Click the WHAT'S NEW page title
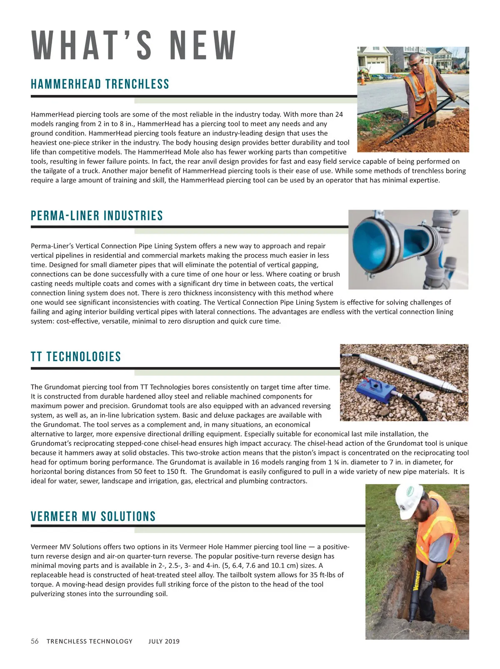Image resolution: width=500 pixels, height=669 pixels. click(x=134, y=45)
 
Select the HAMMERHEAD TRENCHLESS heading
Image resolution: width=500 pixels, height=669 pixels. click(x=100, y=84)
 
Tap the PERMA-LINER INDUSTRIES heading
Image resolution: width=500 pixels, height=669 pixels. click(x=97, y=216)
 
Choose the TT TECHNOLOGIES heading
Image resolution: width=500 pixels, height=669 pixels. click(x=76, y=357)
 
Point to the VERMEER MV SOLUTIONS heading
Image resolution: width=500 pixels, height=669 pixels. click(x=93, y=517)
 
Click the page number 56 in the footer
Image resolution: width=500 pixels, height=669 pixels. click(x=35, y=641)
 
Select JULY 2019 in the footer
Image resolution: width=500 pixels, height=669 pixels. click(x=164, y=642)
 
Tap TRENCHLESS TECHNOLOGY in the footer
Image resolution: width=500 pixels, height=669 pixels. click(x=90, y=642)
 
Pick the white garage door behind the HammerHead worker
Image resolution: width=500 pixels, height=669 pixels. click(x=377, y=66)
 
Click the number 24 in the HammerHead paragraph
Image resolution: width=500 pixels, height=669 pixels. click(x=339, y=115)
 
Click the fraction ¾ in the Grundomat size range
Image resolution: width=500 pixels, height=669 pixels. click(x=336, y=462)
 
